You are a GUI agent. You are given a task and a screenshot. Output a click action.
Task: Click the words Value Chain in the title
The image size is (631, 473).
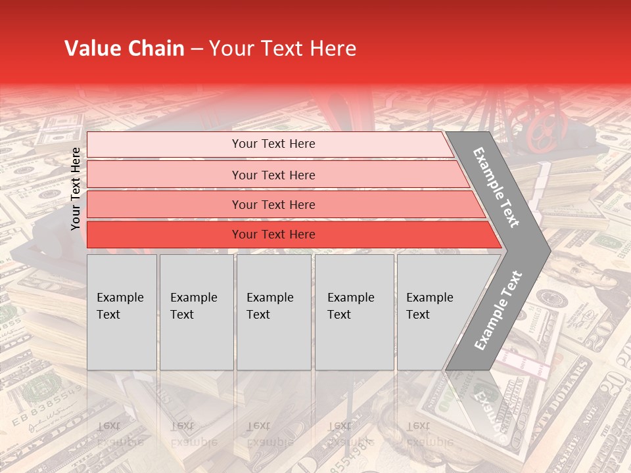click(x=124, y=49)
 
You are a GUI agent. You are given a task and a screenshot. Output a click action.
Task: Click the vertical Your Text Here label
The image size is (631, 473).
click(x=76, y=189)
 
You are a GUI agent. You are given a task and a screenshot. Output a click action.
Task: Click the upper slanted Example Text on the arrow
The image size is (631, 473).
click(x=496, y=187)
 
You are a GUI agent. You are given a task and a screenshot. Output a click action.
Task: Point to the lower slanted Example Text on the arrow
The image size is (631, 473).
click(x=498, y=311)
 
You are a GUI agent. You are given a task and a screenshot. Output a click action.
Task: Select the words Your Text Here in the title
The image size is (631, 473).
click(x=283, y=49)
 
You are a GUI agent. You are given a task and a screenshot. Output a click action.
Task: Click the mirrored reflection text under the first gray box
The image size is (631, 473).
click(x=120, y=434)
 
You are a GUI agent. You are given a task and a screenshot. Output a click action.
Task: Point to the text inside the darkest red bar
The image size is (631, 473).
click(x=273, y=235)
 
